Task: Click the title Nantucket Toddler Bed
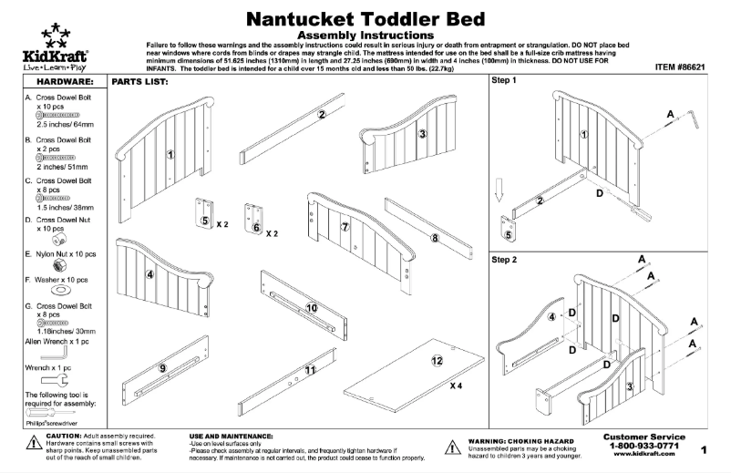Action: point(365,18)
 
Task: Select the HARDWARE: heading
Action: point(56,82)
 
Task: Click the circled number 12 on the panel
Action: point(437,361)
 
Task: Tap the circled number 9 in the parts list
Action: point(163,368)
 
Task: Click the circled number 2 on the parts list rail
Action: point(322,115)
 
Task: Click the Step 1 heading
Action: point(504,81)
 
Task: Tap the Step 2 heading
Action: point(504,260)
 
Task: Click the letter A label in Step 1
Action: point(670,114)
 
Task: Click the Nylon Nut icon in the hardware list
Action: point(56,262)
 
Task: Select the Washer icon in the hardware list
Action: point(56,291)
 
